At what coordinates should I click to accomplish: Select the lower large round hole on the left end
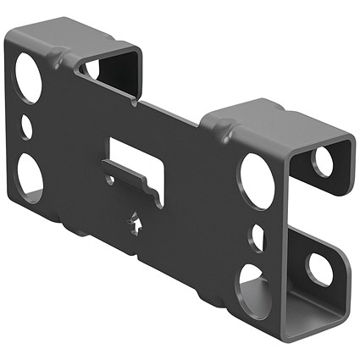coord(27,175)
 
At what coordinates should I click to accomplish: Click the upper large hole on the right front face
coord(256,175)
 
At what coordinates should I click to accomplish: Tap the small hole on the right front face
coord(257,233)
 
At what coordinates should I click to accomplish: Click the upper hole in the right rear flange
coord(323,162)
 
